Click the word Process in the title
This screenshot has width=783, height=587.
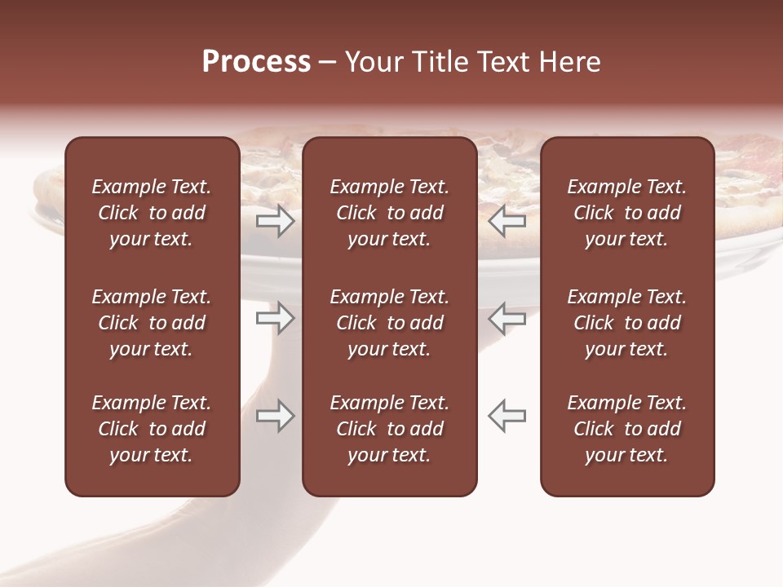256,62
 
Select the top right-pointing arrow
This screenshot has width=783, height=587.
275,220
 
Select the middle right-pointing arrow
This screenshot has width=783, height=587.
275,318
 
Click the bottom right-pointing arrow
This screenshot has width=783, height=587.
275,416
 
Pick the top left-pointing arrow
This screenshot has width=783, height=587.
507,220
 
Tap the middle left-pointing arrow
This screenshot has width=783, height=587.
507,318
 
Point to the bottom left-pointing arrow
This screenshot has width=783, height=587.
507,416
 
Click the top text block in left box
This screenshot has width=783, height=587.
152,213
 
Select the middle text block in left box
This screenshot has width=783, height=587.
152,323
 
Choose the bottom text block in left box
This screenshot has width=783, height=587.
152,429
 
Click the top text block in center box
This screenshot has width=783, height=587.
390,213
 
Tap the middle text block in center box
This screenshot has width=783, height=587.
390,323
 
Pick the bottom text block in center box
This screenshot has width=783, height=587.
390,429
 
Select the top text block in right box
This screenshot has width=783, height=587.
627,213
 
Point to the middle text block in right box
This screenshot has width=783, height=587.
627,323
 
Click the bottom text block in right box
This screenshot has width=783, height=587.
627,429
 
